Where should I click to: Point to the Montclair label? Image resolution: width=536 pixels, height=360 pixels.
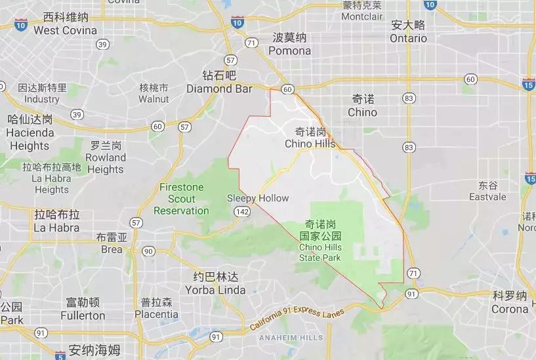click(x=361, y=15)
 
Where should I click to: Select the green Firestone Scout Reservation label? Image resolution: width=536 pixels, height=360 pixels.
click(x=181, y=199)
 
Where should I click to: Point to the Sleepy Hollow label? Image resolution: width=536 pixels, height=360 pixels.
click(x=258, y=198)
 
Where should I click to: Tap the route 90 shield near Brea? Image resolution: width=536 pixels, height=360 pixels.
click(x=148, y=251)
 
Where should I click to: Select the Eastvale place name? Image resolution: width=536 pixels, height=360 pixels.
click(x=487, y=196)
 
